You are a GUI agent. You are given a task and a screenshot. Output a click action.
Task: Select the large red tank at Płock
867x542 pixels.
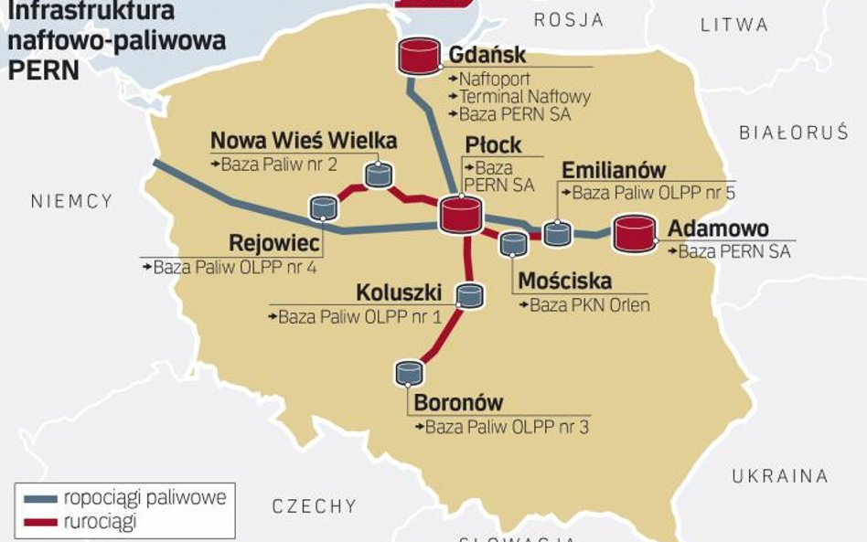point(460,214)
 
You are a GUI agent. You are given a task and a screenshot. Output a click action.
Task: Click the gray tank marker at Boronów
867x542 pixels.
point(408,372)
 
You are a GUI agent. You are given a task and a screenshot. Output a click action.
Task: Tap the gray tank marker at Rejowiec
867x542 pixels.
point(323,207)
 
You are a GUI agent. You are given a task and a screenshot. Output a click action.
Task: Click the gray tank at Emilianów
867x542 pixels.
point(557,232)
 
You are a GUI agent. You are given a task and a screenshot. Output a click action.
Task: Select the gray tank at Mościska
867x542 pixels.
point(513,243)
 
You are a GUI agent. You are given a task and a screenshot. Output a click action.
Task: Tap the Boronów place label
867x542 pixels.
point(458,402)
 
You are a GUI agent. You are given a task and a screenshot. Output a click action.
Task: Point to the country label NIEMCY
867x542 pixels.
point(71,201)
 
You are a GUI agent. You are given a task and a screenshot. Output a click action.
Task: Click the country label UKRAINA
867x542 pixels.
point(779,475)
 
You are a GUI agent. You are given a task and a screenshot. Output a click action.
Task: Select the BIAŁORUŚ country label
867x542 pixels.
point(794,133)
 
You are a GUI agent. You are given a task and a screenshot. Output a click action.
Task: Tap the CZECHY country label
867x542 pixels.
point(314,505)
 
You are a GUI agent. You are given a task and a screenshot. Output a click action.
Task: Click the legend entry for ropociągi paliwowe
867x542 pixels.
point(144,498)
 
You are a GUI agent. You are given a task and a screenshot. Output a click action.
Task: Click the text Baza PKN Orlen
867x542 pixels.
point(590,305)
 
